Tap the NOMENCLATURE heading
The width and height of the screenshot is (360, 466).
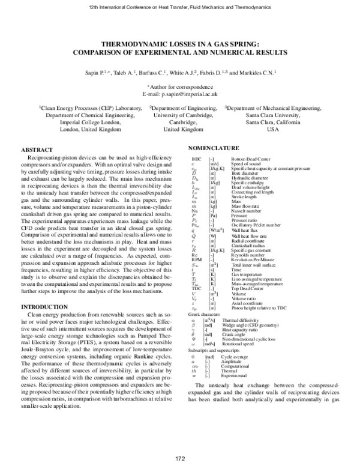214,147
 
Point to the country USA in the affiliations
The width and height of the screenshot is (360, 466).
273,129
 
